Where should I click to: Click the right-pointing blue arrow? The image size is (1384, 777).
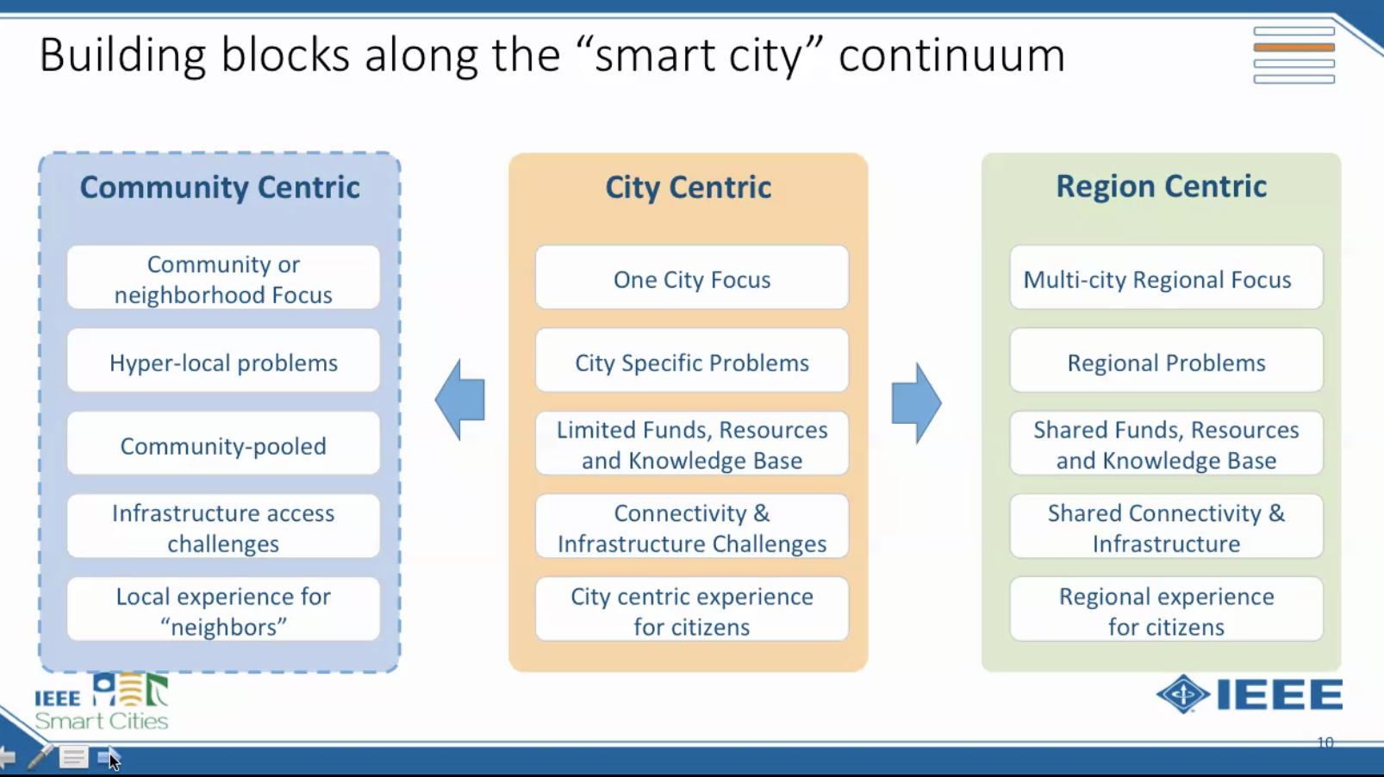pyautogui.click(x=917, y=402)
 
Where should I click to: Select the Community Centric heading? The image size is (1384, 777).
pyautogui.click(x=220, y=187)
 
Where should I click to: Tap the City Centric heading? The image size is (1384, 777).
pyautogui.click(x=689, y=187)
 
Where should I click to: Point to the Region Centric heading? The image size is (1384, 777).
pyautogui.click(x=1162, y=186)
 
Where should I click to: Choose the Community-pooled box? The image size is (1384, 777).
pyautogui.click(x=224, y=444)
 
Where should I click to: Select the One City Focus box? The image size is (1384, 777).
pyautogui.click(x=692, y=277)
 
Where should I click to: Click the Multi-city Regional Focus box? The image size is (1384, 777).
pyautogui.click(x=1167, y=277)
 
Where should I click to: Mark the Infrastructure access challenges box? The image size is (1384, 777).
pyautogui.click(x=224, y=527)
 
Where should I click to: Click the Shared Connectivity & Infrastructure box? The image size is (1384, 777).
pyautogui.click(x=1167, y=527)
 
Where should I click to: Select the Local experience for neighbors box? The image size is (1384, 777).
pyautogui.click(x=224, y=610)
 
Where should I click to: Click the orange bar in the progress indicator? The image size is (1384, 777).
pyautogui.click(x=1294, y=47)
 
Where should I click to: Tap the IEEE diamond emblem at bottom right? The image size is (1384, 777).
pyautogui.click(x=1182, y=694)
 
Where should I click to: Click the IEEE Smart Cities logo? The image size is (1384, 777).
pyautogui.click(x=102, y=702)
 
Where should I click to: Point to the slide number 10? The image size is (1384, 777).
pyautogui.click(x=1325, y=743)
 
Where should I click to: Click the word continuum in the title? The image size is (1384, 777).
pyautogui.click(x=951, y=55)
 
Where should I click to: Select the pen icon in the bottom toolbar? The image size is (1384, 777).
pyautogui.click(x=40, y=756)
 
